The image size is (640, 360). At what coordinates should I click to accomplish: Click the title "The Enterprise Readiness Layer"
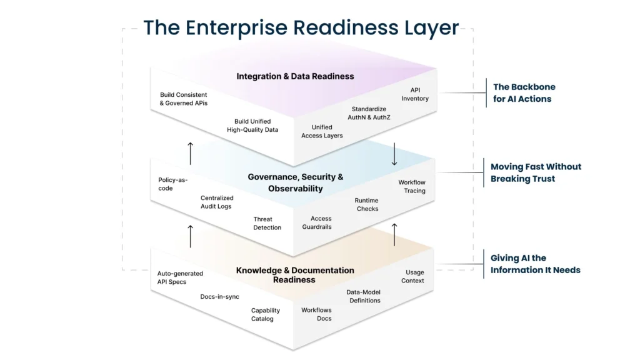coord(301,28)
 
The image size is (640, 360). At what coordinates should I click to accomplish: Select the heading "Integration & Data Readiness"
coord(295,76)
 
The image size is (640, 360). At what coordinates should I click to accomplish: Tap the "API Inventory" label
coord(415,94)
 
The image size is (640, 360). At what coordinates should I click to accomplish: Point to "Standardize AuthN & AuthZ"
coord(369,113)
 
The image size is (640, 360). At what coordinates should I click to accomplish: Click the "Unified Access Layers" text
coord(322,131)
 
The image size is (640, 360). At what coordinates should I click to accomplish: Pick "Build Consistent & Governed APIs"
coord(184,99)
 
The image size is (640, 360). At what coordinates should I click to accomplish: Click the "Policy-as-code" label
coord(172,184)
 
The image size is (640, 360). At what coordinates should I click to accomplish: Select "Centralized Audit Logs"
coord(216,202)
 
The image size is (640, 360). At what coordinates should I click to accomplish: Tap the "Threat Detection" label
coord(267,224)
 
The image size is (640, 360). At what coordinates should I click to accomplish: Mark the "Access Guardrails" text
coord(321,222)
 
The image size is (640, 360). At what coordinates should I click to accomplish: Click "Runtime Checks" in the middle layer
coord(367,205)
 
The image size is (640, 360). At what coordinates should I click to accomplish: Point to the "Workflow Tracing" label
coord(412,187)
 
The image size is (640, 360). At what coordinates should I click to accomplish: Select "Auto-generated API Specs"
coord(180,277)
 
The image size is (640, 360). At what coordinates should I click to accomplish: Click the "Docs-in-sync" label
coord(219,297)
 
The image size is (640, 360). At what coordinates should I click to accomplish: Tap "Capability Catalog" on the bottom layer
coord(266,314)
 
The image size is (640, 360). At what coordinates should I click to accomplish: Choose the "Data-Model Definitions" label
coord(364,296)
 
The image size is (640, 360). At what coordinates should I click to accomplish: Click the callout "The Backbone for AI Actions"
coord(524,92)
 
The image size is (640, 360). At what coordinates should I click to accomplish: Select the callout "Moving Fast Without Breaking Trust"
coord(536,172)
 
